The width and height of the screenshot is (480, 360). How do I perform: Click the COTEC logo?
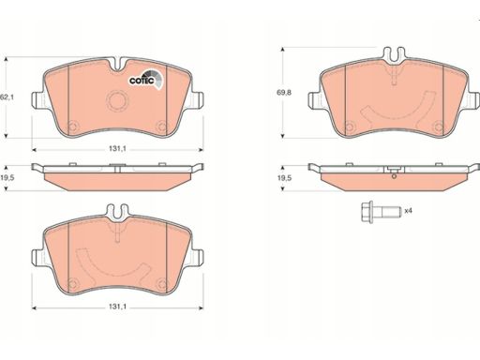(146, 80)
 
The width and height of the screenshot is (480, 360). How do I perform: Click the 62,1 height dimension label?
(7, 97)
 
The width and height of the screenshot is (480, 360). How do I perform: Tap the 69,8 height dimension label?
(284, 93)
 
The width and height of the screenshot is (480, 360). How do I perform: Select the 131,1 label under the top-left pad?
(117, 149)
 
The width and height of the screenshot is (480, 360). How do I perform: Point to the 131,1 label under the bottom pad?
(117, 307)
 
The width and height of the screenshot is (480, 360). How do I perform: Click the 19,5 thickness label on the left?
(7, 178)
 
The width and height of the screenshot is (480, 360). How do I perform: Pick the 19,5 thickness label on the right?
(284, 178)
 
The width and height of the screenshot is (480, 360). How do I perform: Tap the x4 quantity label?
(408, 211)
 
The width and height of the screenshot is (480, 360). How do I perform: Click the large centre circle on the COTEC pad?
(117, 100)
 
